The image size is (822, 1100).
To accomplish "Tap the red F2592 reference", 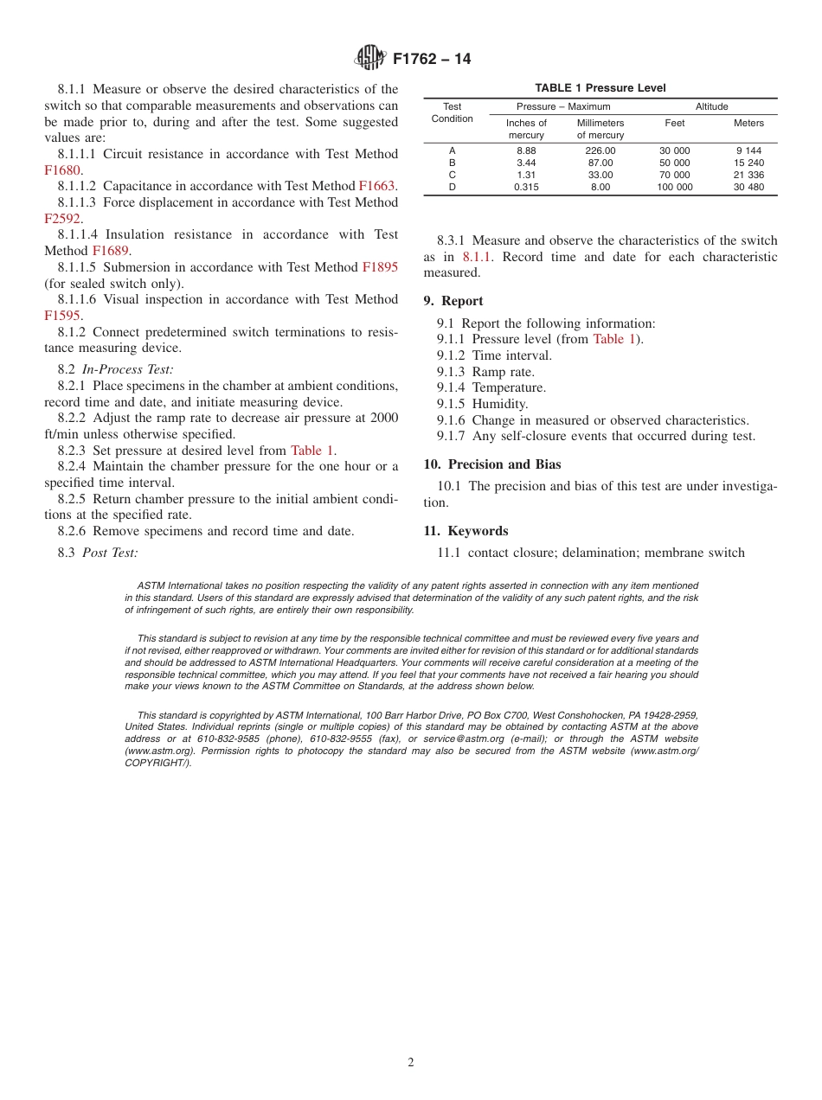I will [x=63, y=219].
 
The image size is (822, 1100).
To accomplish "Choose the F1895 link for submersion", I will [x=380, y=267].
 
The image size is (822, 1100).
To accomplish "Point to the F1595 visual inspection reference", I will [x=62, y=316].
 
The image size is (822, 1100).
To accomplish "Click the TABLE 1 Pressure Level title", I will [x=600, y=88].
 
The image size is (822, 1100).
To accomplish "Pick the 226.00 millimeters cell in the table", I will [x=600, y=150].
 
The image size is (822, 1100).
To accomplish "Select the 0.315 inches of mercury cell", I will [x=525, y=187].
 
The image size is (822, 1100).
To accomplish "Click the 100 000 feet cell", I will [x=674, y=187].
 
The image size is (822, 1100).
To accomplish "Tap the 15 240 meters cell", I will [x=748, y=163].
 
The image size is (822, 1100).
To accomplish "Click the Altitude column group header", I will [x=711, y=106].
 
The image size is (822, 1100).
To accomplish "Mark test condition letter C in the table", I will [x=452, y=175].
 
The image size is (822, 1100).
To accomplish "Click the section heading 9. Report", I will [x=453, y=301].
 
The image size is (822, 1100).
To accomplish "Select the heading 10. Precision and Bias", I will [x=491, y=464].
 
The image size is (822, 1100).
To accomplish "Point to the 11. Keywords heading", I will [x=466, y=531].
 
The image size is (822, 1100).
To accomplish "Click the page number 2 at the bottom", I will [x=411, y=1063].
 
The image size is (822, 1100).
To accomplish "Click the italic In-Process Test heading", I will [x=127, y=369].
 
